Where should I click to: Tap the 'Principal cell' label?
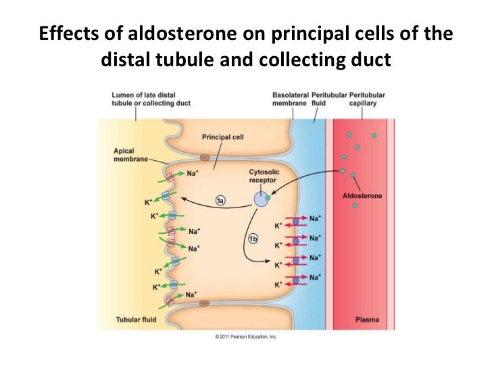point(223,137)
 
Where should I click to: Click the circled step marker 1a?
point(220,201)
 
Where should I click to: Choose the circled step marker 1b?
point(253,239)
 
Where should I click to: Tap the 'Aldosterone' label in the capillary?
point(363,195)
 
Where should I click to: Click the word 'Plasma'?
point(367,319)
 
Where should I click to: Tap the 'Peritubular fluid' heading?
point(328,99)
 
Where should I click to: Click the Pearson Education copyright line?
point(245,336)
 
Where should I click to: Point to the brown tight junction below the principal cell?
point(205,302)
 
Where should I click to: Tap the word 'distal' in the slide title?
point(126,62)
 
